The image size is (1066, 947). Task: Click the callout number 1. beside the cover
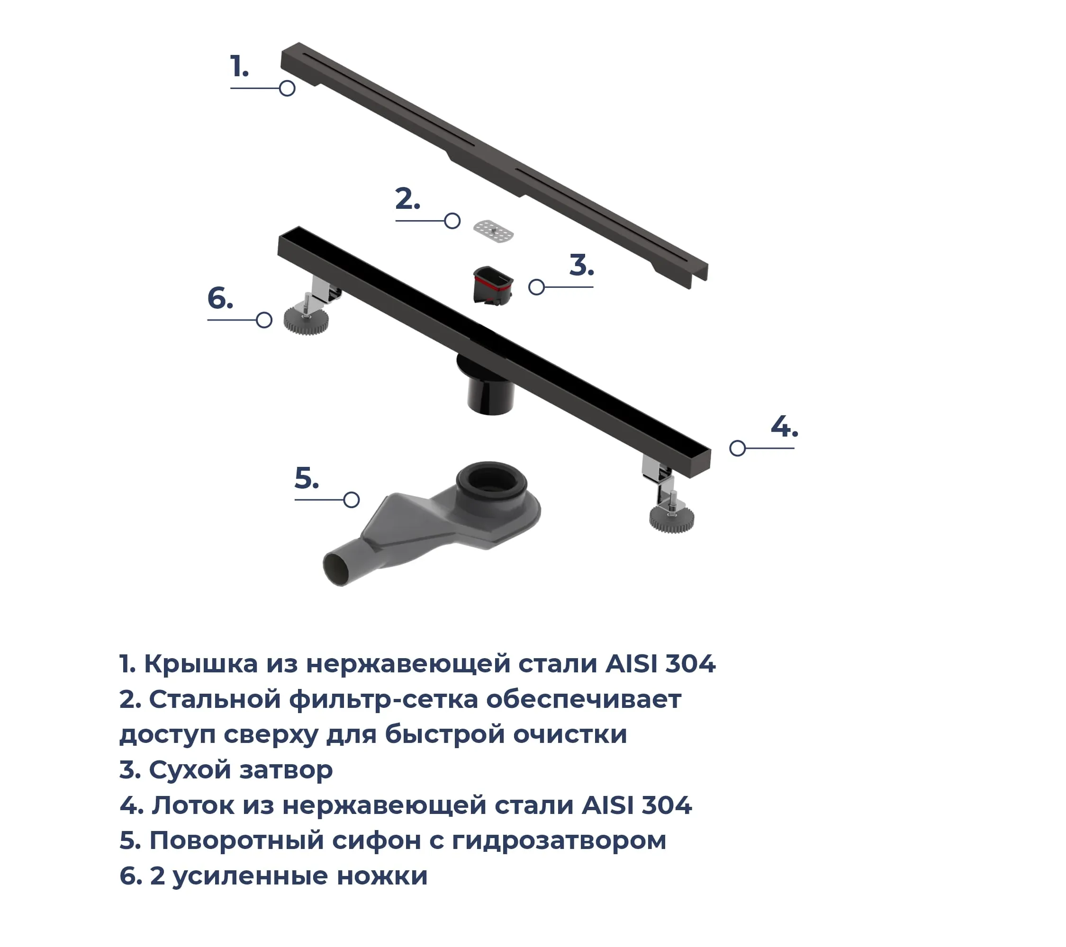coord(239,67)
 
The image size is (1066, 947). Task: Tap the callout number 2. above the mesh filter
coord(407,199)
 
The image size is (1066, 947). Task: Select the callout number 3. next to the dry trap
coord(581,265)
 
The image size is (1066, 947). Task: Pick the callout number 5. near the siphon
coord(307,478)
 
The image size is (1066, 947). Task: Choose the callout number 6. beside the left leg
coord(220,298)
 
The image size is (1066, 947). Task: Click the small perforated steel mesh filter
coord(493,231)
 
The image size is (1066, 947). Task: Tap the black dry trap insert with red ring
coord(493,286)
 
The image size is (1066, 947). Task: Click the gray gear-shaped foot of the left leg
coord(306,321)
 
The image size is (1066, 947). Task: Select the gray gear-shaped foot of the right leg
coord(672,519)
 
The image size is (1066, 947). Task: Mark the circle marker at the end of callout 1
coord(287,88)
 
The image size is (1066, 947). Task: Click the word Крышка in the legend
coord(201,664)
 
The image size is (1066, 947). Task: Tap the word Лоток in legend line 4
coord(193,805)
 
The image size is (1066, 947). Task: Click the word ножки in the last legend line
coord(382,876)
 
